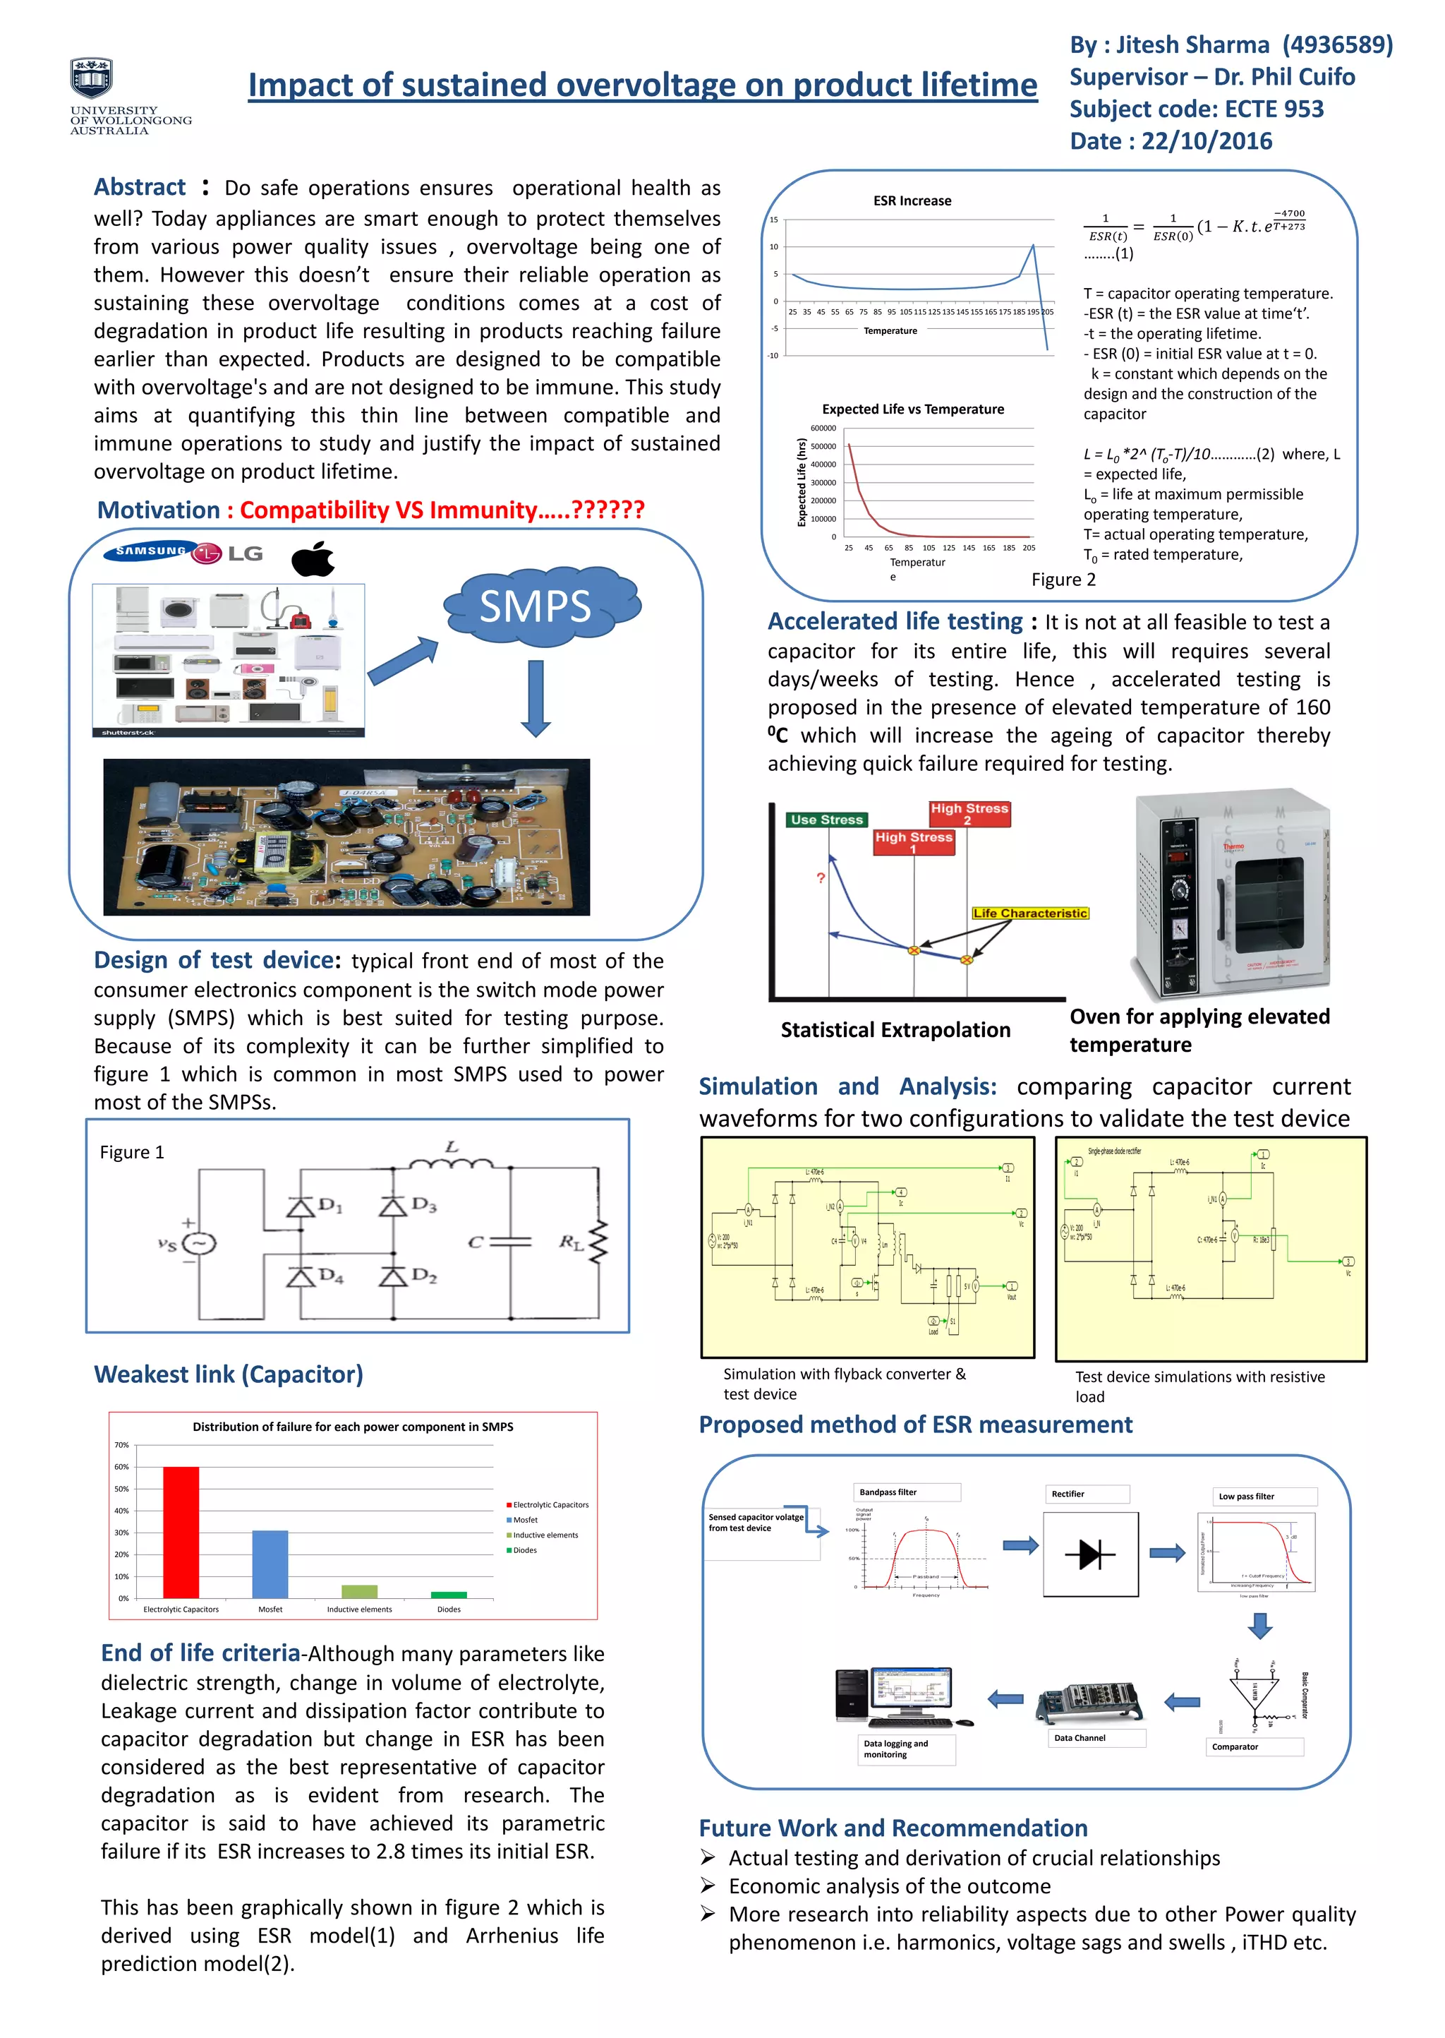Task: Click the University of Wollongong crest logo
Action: click(92, 78)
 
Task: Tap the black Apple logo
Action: click(313, 558)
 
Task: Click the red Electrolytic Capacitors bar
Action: click(181, 1532)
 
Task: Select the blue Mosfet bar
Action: click(270, 1564)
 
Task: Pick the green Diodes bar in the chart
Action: click(449, 1595)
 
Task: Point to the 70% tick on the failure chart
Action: click(122, 1444)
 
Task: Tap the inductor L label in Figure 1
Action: click(452, 1147)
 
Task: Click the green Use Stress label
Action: click(827, 820)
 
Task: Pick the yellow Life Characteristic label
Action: click(1029, 913)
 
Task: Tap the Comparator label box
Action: click(1254, 1747)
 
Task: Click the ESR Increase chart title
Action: click(912, 201)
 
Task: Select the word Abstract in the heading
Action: click(140, 187)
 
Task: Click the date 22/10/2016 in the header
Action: click(1207, 140)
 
